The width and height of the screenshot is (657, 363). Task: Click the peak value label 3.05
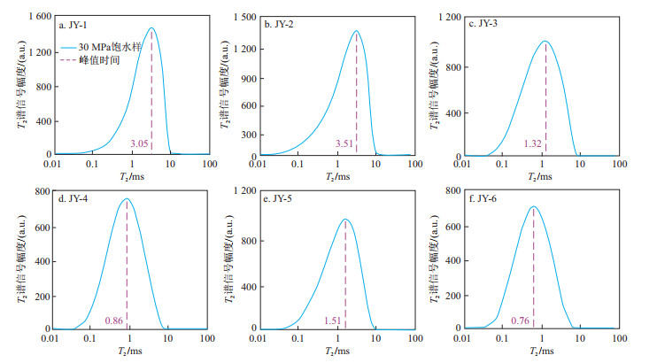tap(139, 143)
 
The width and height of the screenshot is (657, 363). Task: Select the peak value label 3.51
tap(344, 143)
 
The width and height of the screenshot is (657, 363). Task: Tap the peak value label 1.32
tap(532, 143)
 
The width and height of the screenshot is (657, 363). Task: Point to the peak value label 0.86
tap(113, 320)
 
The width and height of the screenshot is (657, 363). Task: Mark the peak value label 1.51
tap(332, 320)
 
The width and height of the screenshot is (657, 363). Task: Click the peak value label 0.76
tap(521, 320)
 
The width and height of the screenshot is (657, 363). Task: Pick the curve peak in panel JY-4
tap(127, 199)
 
